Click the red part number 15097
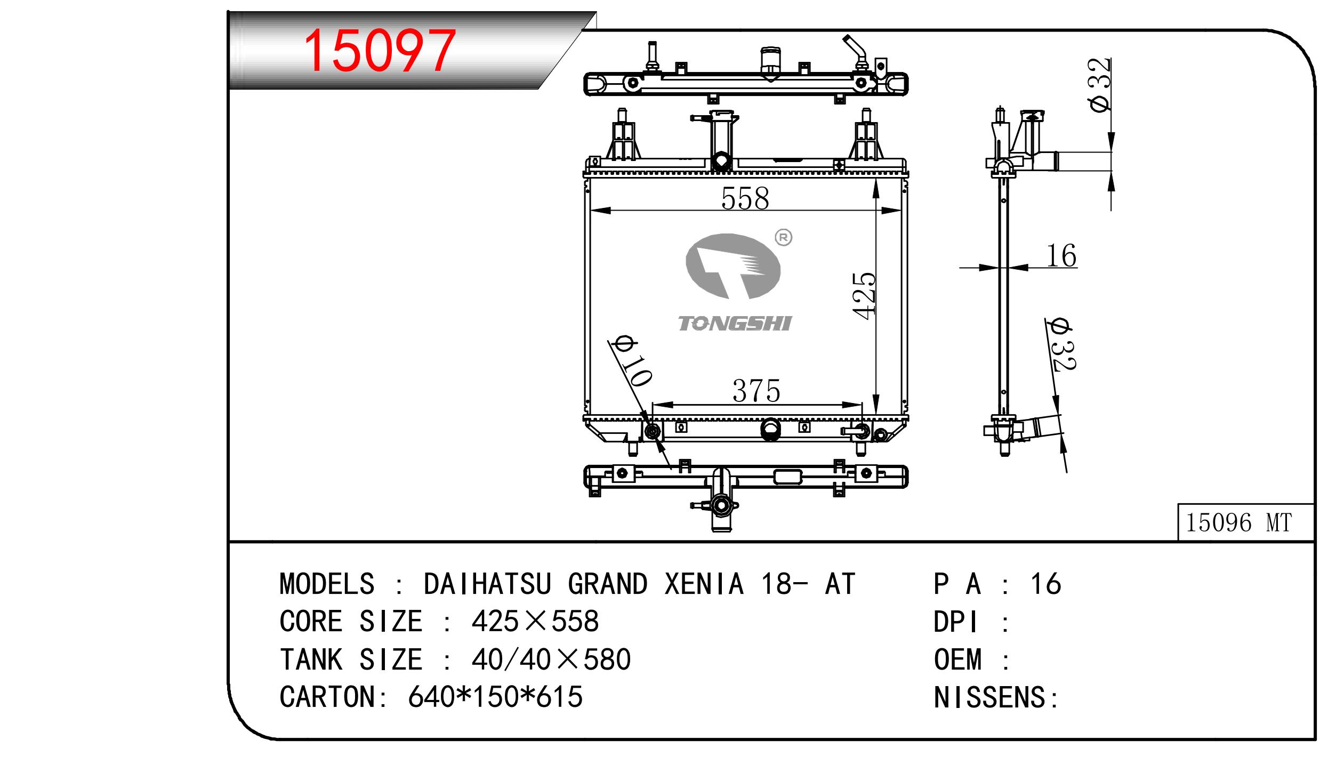tap(380, 51)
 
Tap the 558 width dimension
tap(745, 199)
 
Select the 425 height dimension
tap(864, 296)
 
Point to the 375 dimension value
tap(756, 391)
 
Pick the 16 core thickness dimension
tap(1061, 256)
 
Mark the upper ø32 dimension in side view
tap(1100, 85)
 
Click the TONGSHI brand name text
tap(735, 323)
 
